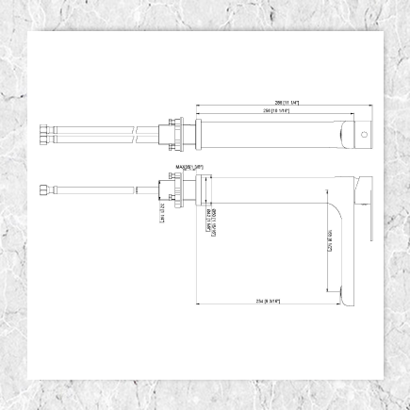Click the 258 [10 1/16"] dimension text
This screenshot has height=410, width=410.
[276, 110]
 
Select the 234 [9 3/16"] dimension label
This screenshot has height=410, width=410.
[269, 301]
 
